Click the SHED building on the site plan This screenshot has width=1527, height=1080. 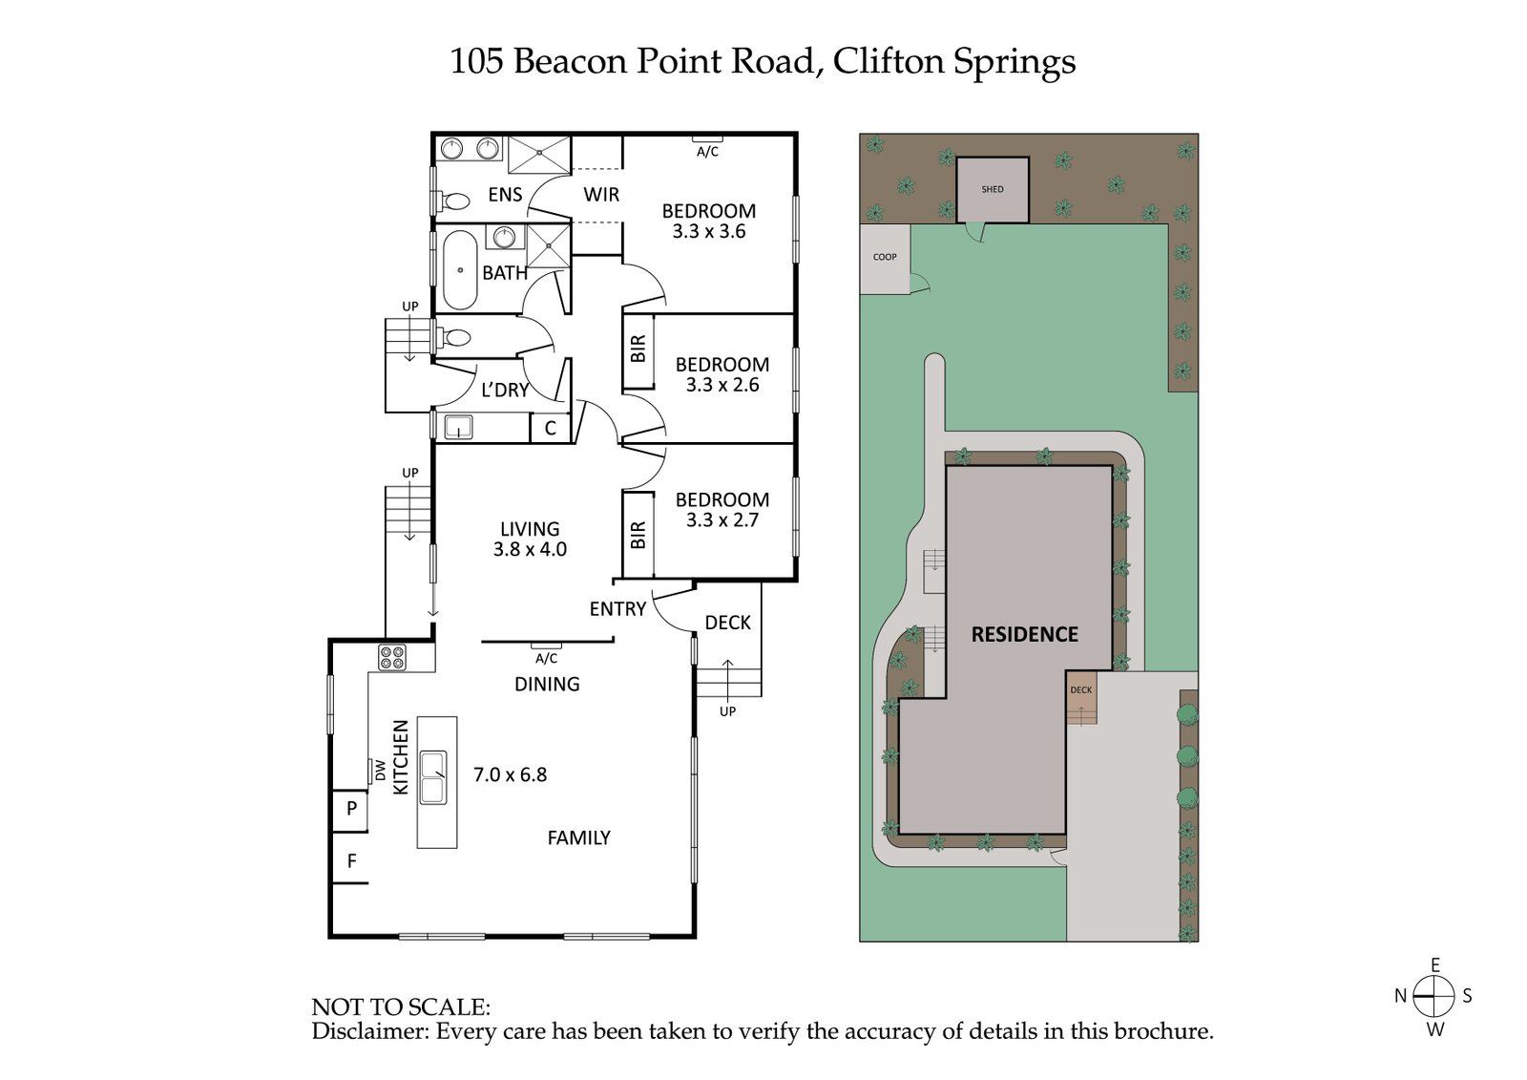point(993,189)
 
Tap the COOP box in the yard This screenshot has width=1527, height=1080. point(885,258)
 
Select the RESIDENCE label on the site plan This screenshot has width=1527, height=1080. point(1024,634)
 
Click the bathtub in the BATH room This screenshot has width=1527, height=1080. point(460,269)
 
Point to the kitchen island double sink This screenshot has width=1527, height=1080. point(434,776)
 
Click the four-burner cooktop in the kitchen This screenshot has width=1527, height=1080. point(392,657)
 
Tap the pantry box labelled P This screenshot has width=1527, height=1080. point(351,809)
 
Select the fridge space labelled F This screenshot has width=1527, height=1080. point(351,861)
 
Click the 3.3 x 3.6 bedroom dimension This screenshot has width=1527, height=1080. point(708,232)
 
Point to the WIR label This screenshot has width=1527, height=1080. point(601,195)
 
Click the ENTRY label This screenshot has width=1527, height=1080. point(617,609)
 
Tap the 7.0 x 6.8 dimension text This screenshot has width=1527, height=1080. point(510,774)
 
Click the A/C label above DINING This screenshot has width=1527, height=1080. point(546,659)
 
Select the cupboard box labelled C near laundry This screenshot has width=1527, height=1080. point(550,429)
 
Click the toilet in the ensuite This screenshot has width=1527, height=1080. point(454,201)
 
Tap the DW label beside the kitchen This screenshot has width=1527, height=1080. point(380,770)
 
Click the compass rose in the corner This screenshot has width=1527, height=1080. point(1433,997)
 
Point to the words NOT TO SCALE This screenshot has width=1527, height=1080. point(401,1006)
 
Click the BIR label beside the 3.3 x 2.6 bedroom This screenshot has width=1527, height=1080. point(638,349)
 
